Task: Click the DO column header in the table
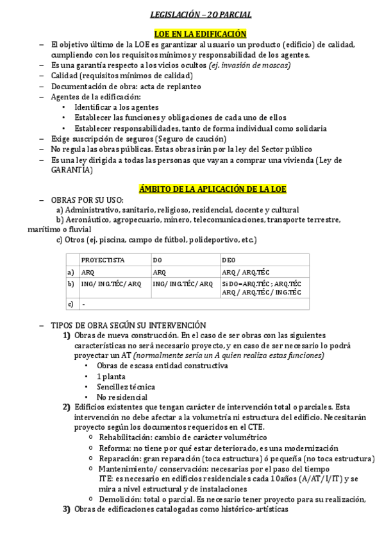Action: [x=158, y=260]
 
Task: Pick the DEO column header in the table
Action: [x=229, y=260]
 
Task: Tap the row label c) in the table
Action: [x=71, y=303]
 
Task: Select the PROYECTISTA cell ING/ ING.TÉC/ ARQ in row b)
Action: [x=111, y=284]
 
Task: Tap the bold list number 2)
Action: [x=66, y=407]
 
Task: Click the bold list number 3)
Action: [x=66, y=509]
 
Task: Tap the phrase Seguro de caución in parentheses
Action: [x=192, y=139]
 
